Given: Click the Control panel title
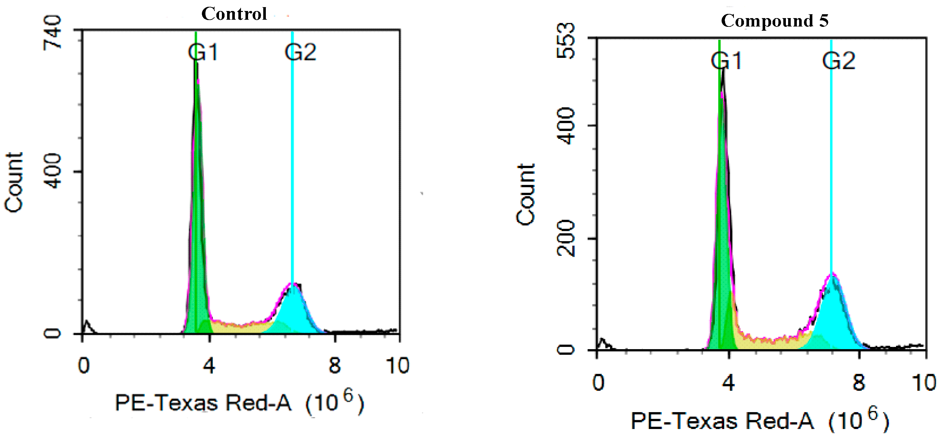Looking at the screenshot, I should (x=234, y=14).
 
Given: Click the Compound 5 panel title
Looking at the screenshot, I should (x=775, y=20).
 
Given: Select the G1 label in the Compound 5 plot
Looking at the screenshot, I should (x=726, y=61).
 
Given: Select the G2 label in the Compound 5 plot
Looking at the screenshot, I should (x=839, y=61).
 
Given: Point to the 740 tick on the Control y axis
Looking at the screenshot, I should (x=52, y=32).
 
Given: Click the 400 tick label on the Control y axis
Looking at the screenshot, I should (x=52, y=171).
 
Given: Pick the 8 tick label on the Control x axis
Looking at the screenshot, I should (x=335, y=365).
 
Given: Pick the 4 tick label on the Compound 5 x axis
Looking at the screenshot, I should (x=728, y=382).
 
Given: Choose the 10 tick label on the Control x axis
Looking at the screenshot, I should (x=398, y=365).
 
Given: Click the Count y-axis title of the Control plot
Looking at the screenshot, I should (x=14, y=182).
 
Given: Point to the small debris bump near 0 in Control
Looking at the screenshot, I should (x=87, y=327).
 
